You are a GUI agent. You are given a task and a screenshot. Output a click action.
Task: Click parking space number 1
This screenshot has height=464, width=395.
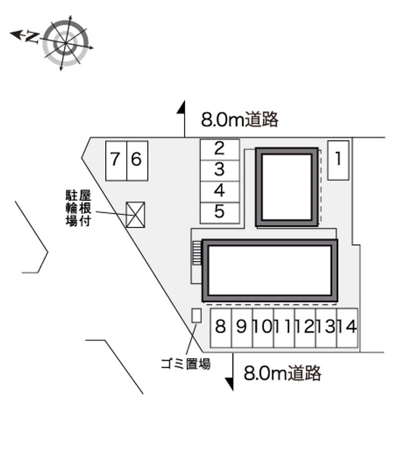338,160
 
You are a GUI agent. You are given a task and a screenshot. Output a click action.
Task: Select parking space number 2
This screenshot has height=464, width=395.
220,150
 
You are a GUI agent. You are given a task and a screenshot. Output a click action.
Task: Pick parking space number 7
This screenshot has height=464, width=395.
117,161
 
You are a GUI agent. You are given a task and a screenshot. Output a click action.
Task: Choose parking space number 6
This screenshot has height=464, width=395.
137,161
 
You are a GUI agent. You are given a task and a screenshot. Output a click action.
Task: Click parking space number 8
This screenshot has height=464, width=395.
221,328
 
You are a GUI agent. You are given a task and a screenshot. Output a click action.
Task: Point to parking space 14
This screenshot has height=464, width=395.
347,328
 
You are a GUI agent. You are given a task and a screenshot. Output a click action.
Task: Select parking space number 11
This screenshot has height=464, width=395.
284,328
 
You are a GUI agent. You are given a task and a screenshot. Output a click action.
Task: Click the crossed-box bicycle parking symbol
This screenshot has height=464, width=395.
135,215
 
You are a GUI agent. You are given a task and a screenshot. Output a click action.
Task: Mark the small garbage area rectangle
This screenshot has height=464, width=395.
197,315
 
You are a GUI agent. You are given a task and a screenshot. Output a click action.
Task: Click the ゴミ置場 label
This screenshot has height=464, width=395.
186,363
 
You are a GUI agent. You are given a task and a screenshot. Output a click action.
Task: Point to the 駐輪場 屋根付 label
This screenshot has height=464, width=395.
78,208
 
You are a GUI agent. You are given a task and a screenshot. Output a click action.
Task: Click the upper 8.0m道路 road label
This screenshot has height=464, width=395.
239,119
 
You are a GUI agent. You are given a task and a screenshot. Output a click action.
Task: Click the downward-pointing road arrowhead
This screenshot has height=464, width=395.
230,384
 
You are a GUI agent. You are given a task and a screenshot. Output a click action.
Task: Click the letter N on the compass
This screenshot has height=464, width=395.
32,37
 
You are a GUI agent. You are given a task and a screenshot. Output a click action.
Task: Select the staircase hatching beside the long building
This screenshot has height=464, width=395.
197,252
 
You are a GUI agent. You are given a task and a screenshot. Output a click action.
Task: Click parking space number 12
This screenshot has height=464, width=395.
305,328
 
